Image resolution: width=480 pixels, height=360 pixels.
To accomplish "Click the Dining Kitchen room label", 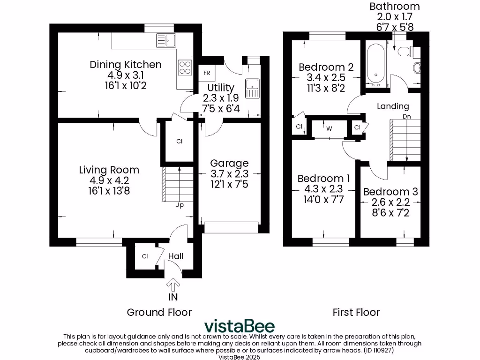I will [x=126, y=65].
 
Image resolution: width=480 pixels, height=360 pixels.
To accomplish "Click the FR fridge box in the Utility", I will [x=207, y=73].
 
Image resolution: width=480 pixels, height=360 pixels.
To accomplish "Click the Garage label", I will [x=229, y=163].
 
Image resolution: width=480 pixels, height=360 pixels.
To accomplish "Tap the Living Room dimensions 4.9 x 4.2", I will [x=109, y=180].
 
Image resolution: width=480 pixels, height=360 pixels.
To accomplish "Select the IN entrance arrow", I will [x=173, y=285].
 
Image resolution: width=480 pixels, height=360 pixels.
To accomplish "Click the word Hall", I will [x=176, y=256].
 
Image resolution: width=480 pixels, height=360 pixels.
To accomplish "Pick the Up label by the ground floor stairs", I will [x=179, y=205].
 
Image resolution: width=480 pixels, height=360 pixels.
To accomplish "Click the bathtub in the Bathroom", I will [x=375, y=65].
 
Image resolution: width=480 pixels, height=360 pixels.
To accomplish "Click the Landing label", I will [x=393, y=106].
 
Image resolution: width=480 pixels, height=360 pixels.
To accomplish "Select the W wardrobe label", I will [x=329, y=128].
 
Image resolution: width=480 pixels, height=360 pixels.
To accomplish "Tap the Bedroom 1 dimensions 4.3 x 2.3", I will [x=323, y=189].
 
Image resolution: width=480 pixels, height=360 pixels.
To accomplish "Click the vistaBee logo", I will [x=240, y=326].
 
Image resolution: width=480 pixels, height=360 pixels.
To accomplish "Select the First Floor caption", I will [x=356, y=312].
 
